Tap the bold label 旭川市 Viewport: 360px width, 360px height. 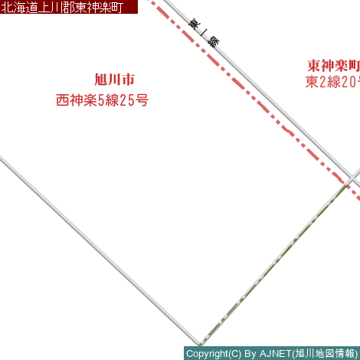coord(114,80)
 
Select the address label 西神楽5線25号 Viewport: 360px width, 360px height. coord(102,100)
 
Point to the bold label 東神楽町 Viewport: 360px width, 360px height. coord(333,66)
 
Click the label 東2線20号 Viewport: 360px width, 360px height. coord(332,82)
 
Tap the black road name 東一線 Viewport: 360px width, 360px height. coord(204,33)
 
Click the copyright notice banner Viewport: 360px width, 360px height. coord(272,353)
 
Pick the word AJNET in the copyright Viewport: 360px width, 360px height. coord(276,354)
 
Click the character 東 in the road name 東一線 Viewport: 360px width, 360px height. coord(195,24)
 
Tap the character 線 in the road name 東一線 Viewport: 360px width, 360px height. coord(214,42)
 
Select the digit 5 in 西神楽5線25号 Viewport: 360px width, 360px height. coord(101,100)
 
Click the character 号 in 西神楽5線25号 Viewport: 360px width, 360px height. coord(142,100)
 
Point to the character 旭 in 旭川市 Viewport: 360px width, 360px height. coord(100,80)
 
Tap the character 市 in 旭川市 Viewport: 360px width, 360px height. coord(129,80)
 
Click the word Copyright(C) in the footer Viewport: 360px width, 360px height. coord(214,354)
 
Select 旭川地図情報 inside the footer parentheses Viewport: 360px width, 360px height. coord(326,354)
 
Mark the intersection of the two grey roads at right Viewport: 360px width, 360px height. coord(352,178)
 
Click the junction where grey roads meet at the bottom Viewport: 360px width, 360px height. coord(199,343)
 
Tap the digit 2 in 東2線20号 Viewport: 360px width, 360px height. coord(322,82)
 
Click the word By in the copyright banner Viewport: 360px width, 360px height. coord(250,354)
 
